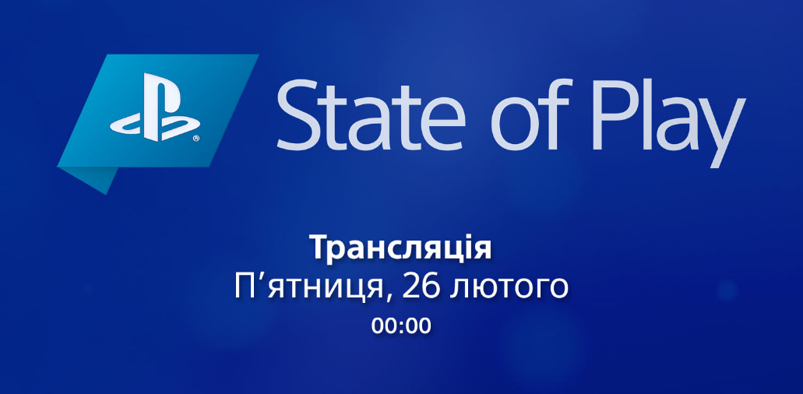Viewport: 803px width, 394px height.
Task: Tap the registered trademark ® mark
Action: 196,138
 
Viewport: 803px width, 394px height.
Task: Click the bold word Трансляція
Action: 401,248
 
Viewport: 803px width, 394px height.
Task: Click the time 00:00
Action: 402,326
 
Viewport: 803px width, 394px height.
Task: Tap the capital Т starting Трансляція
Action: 321,248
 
